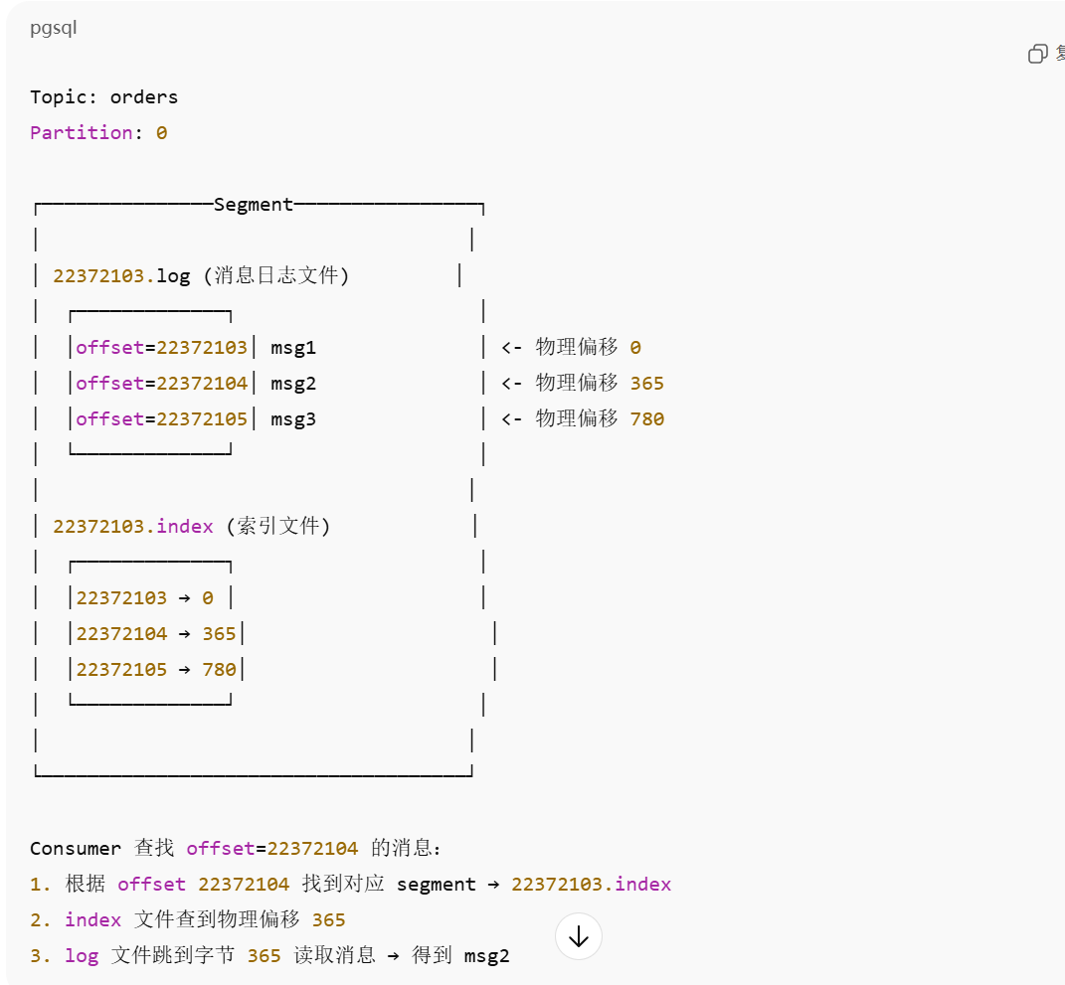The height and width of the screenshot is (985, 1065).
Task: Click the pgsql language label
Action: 53,28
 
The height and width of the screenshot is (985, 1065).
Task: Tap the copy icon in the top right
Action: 1038,54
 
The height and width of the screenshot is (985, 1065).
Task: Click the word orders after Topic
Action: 144,97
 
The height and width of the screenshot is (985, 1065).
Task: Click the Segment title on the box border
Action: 254,205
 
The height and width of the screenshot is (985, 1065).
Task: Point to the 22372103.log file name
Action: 121,276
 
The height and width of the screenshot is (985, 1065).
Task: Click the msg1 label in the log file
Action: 293,348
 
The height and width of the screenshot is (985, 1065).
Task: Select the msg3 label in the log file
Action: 293,419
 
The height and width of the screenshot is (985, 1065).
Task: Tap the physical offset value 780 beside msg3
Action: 647,419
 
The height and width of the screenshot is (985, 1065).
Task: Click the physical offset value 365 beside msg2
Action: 647,384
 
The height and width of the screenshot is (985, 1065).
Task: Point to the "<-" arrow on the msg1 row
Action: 512,348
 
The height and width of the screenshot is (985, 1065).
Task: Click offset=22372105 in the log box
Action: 161,419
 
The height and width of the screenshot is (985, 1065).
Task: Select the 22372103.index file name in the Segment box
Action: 133,527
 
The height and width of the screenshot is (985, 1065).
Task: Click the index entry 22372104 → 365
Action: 156,634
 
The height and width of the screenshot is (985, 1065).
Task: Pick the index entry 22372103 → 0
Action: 145,598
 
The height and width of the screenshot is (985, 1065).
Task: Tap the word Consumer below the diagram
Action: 76,849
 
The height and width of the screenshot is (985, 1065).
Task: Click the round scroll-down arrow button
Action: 579,936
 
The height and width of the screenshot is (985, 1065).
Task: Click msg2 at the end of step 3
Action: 487,956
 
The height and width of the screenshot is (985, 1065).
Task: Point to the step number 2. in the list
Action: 41,920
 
